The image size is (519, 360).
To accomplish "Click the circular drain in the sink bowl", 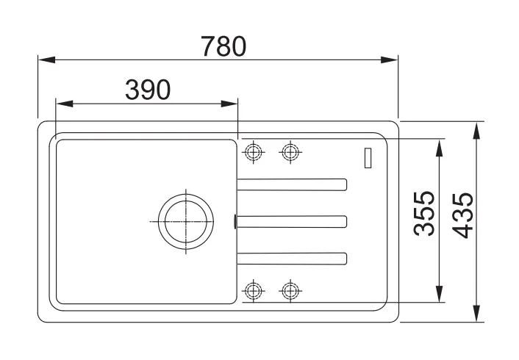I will click(187, 220).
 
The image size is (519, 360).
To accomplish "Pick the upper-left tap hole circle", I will click(253, 151).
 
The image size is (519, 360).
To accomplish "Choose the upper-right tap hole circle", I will click(291, 151).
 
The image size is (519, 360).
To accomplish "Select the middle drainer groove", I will click(292, 220).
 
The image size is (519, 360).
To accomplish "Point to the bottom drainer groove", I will click(292, 257).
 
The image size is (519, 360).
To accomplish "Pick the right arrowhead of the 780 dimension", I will click(392, 61).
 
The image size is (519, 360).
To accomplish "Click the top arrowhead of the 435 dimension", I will click(478, 127).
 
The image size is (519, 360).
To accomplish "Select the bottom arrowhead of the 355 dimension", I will click(440, 295).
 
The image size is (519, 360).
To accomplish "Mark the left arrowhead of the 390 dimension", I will click(63, 103).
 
